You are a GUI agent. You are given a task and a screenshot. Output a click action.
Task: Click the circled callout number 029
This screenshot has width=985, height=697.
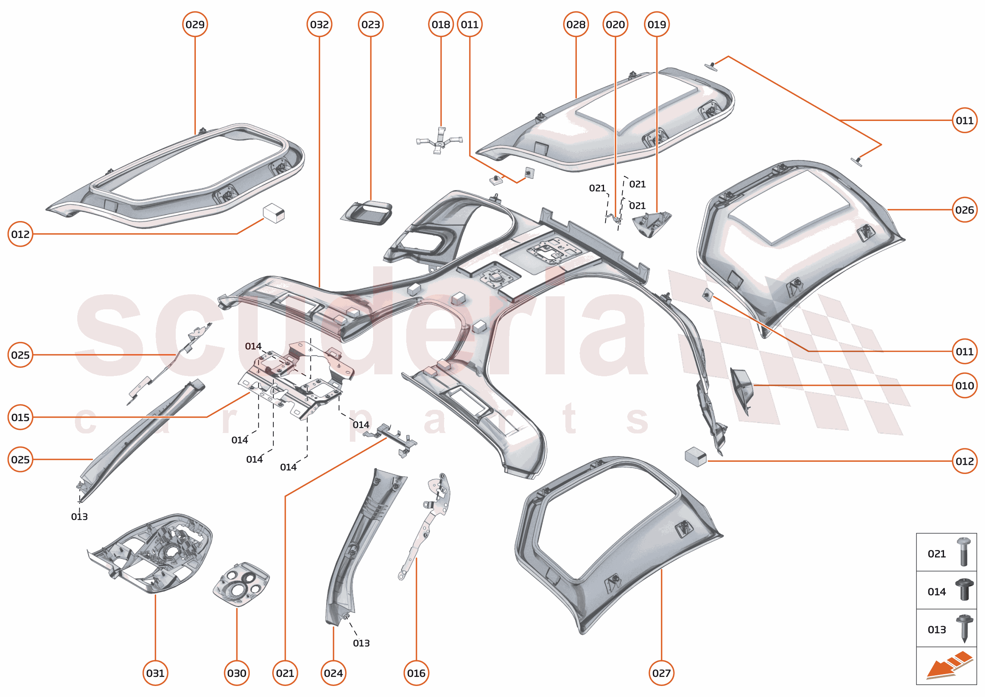click(195, 24)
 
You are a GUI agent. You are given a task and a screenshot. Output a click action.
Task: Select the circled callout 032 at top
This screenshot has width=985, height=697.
click(319, 24)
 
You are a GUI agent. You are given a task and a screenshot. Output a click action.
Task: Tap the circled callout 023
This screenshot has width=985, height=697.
click(370, 24)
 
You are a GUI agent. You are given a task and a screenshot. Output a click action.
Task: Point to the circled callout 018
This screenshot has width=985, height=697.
click(441, 24)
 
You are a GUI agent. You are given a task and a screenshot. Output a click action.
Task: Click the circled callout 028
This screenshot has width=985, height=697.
click(576, 24)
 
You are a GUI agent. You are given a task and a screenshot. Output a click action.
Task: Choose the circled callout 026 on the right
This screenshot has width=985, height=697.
click(965, 210)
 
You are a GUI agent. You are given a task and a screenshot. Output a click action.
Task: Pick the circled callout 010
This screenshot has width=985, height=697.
click(965, 385)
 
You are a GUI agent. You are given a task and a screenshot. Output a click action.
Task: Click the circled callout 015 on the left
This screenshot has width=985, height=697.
click(20, 417)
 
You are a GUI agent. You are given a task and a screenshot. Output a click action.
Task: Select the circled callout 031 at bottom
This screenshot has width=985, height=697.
click(155, 673)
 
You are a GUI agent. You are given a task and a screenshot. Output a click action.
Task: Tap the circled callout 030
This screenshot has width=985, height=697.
click(236, 673)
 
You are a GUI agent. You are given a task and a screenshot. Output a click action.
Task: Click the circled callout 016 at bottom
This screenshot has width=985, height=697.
click(416, 673)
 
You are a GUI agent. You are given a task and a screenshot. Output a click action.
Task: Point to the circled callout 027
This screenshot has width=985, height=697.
click(661, 673)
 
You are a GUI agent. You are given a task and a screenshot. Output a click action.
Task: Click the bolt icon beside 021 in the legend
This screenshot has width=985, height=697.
click(964, 552)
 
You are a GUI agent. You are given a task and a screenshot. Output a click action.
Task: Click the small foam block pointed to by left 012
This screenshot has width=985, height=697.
click(274, 213)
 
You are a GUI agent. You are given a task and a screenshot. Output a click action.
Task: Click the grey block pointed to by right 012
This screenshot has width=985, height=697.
click(696, 457)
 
